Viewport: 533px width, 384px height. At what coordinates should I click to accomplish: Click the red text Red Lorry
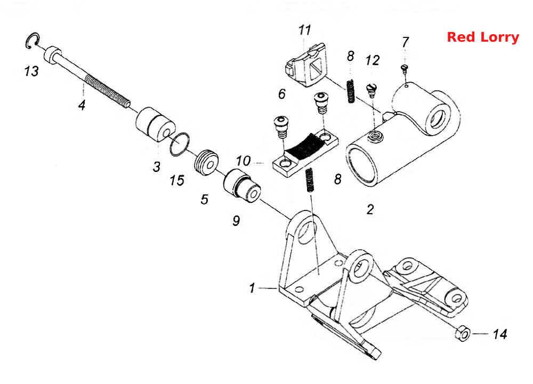(483, 37)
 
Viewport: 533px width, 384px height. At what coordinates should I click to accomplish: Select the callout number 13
(31, 71)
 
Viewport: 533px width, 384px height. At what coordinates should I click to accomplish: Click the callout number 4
(82, 105)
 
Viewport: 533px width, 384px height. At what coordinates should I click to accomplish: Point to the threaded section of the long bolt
(107, 91)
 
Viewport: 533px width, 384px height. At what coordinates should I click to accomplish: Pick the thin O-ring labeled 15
(180, 144)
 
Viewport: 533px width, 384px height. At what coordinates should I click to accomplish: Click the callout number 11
(304, 30)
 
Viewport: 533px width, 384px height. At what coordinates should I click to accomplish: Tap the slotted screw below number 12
(372, 90)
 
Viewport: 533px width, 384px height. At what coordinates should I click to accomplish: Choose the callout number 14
(500, 334)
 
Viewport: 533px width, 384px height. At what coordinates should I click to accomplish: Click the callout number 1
(252, 288)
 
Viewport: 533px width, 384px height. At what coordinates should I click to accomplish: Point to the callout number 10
(243, 161)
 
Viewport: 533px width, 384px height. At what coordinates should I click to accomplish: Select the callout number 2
(370, 209)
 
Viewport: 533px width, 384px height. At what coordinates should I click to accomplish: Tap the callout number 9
(236, 221)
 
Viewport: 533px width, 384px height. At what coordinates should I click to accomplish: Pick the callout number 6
(282, 93)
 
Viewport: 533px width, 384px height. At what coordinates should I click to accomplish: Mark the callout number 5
(204, 199)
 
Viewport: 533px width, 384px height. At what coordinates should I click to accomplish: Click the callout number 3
(156, 167)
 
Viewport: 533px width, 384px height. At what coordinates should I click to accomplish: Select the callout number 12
(372, 60)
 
